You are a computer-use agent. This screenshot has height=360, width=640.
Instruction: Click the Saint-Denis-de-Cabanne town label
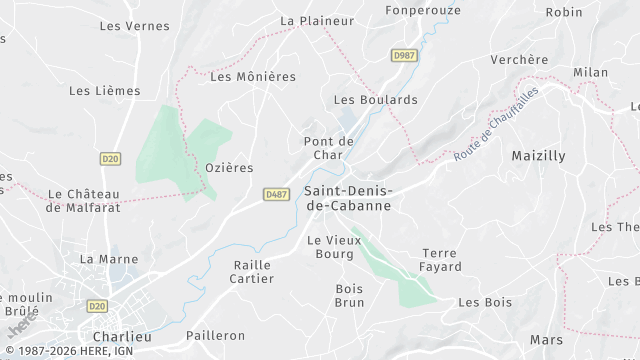[x=347, y=197]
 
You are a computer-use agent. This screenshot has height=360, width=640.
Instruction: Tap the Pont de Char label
[x=329, y=148]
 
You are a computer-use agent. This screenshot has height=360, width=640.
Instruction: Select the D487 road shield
[x=277, y=194]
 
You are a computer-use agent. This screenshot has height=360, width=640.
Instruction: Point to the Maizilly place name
[x=538, y=156]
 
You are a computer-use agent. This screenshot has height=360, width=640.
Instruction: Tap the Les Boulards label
[x=375, y=100]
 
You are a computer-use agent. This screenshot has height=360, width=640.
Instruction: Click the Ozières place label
[x=229, y=167]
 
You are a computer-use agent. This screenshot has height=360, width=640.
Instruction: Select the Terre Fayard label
[x=441, y=260]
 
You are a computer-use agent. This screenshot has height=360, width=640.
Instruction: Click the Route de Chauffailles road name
[x=495, y=124]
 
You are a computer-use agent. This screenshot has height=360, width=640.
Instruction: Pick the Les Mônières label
[x=253, y=76]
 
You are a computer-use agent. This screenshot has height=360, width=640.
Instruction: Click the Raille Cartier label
[x=252, y=271]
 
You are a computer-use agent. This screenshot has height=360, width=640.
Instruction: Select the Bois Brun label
[x=349, y=295]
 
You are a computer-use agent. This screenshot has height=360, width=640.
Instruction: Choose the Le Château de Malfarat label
[x=84, y=200]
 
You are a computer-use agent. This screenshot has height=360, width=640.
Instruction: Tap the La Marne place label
[x=109, y=259]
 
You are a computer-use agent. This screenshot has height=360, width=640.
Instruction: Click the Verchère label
[x=519, y=60]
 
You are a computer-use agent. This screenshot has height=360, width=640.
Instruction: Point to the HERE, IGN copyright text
[x=70, y=351]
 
